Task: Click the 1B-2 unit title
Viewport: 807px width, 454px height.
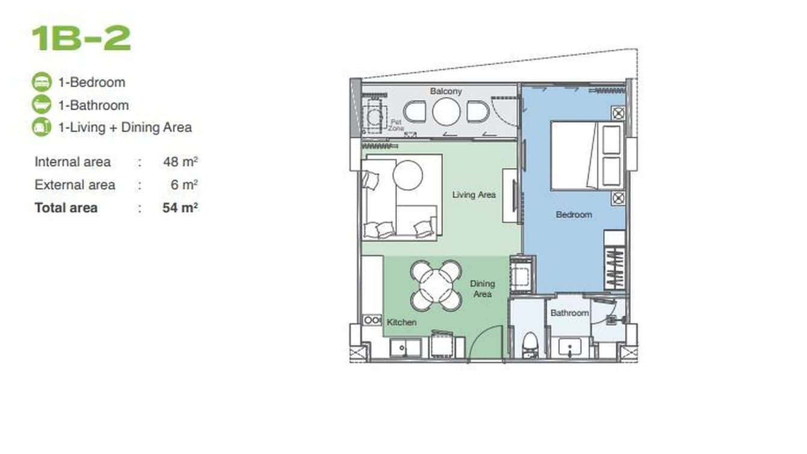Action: pos(81,38)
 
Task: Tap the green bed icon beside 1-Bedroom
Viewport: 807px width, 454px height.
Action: pos(41,82)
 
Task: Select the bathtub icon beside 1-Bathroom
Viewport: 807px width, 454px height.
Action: pos(41,105)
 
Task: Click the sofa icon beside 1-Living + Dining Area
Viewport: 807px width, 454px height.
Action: pos(41,127)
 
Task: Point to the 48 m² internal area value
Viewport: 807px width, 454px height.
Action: pos(180,162)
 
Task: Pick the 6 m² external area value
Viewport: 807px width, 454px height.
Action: pos(184,185)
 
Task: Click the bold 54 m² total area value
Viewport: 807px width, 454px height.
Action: pos(180,208)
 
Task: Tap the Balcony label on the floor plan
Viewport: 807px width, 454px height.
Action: pos(446,92)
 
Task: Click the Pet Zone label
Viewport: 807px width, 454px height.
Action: pos(395,125)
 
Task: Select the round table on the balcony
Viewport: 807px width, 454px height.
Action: pos(446,112)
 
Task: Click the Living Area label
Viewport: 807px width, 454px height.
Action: pos(474,194)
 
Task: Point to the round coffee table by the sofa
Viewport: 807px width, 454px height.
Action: pos(408,175)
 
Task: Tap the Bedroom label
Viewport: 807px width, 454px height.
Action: pos(574,214)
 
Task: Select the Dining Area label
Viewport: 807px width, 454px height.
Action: pos(482,288)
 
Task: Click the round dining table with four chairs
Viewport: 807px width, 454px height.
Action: pos(436,284)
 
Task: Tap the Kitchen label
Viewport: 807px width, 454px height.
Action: pos(402,322)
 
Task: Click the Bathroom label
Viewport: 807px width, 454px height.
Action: pos(569,313)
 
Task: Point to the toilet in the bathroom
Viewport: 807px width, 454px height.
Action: pos(529,345)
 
